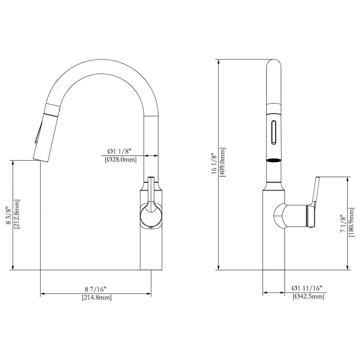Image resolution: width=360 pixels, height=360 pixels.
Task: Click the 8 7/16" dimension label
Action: (96, 289)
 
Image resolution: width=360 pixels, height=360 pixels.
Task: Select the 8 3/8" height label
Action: (9, 215)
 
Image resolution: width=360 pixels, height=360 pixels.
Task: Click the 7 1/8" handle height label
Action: (342, 223)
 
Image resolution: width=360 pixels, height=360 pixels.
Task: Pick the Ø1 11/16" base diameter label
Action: (307, 288)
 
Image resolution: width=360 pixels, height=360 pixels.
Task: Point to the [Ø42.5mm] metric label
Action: (308, 297)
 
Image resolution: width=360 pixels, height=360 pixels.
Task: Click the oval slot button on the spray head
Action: (274, 132)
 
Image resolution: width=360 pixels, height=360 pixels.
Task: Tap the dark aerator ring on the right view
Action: (274, 160)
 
